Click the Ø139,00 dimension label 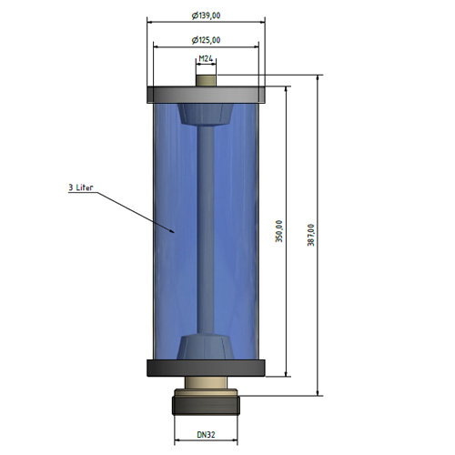point(206,15)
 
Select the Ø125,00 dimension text point(206,40)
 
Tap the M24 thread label point(206,58)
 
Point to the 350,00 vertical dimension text point(279,231)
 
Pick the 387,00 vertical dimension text point(311,235)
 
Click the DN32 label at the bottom point(206,435)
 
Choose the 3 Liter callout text point(80,187)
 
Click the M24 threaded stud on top point(206,81)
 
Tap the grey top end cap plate point(206,95)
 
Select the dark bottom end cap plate point(206,369)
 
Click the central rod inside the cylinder point(206,229)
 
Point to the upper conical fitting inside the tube point(206,114)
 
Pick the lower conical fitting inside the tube point(206,348)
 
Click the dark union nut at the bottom point(206,405)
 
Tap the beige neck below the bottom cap point(206,382)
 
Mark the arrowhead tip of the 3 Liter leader point(175,233)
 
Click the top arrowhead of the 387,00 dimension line point(318,76)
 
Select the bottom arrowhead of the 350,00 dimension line point(286,377)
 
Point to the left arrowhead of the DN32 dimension point(175,440)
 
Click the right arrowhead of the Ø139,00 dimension point(265,22)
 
